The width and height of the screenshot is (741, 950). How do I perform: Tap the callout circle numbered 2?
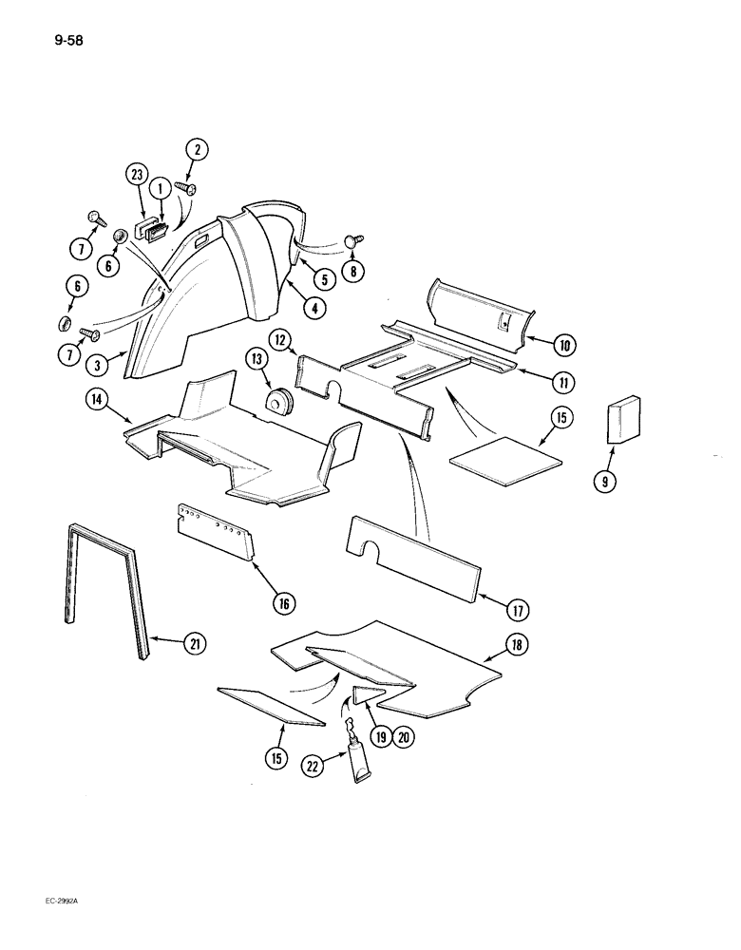click(x=197, y=148)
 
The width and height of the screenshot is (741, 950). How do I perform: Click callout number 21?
click(x=196, y=644)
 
